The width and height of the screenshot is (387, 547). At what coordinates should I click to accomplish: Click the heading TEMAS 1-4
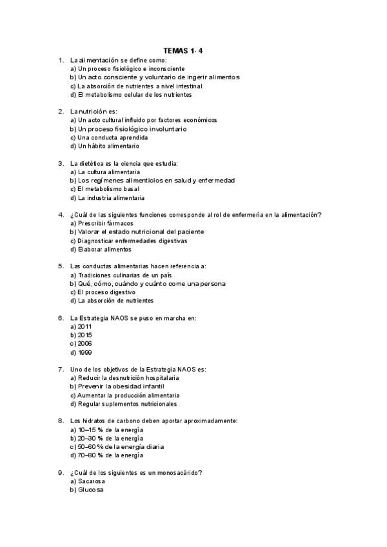193,50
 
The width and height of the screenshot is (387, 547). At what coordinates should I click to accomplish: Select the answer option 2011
81,326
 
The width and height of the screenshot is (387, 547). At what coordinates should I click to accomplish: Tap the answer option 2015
81,335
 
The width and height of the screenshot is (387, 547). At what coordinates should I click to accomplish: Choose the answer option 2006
81,344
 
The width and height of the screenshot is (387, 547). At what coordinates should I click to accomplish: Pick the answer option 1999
81,353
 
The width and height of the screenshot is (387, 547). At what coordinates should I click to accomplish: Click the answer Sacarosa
87,482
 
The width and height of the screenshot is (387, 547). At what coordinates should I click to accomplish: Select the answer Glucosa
86,490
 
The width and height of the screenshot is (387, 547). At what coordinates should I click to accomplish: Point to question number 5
61,266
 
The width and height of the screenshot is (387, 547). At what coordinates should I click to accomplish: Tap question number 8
61,421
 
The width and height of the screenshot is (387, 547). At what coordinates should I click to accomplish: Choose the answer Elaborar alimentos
100,249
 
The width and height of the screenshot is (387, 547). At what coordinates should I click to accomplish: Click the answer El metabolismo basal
99,189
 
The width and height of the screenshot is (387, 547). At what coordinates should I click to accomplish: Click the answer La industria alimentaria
107,197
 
